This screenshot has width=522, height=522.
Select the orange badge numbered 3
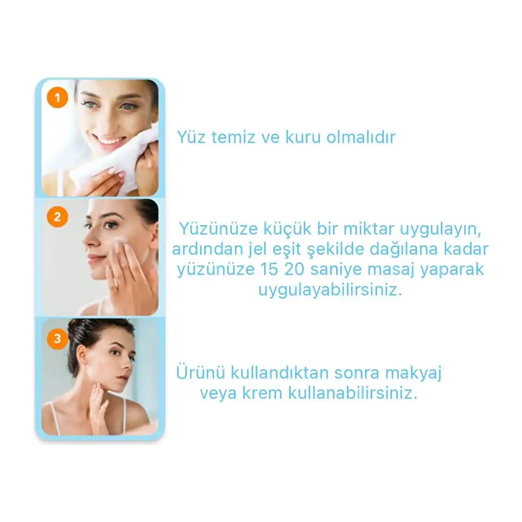(57, 338)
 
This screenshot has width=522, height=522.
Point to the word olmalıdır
(361, 137)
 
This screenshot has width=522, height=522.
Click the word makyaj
(413, 373)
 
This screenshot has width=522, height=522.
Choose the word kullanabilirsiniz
(352, 393)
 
